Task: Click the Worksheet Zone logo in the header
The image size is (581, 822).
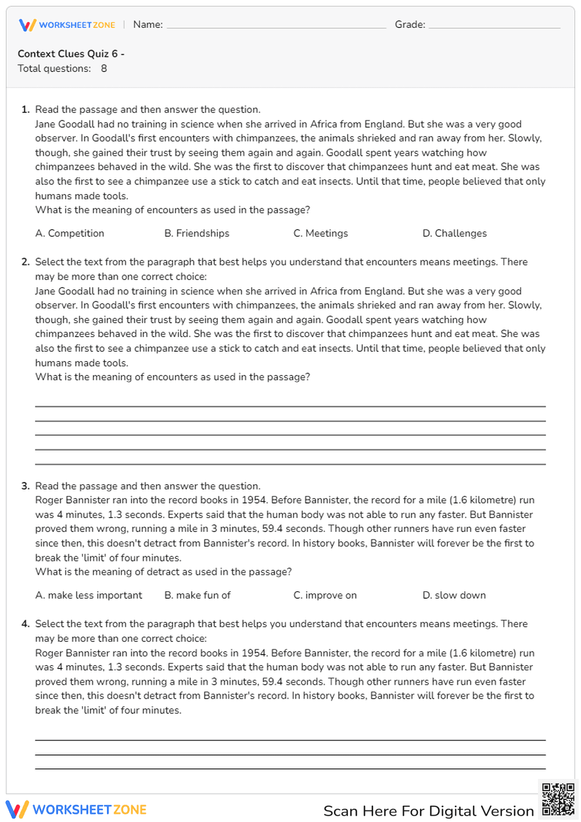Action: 67,25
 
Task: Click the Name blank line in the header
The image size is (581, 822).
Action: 276,27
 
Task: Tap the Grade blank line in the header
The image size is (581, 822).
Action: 494,27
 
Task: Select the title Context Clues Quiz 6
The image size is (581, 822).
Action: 71,53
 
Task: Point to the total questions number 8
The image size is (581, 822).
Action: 104,69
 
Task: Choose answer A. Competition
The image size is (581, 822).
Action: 70,233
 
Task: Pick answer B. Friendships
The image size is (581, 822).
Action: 197,233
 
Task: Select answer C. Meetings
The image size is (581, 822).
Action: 321,233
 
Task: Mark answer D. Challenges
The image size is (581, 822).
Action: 454,233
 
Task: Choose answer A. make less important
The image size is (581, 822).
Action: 88,595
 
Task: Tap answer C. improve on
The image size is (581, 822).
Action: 325,595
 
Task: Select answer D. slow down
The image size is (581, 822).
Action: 454,595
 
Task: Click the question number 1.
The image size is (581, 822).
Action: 25,109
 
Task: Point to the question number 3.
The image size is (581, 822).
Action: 25,486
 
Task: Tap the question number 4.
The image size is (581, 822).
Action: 25,624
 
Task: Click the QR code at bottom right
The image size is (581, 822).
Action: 558,799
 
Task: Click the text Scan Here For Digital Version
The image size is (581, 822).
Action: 428,811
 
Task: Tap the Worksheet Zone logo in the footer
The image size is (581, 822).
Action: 76,810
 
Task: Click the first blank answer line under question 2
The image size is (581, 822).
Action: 290,406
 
